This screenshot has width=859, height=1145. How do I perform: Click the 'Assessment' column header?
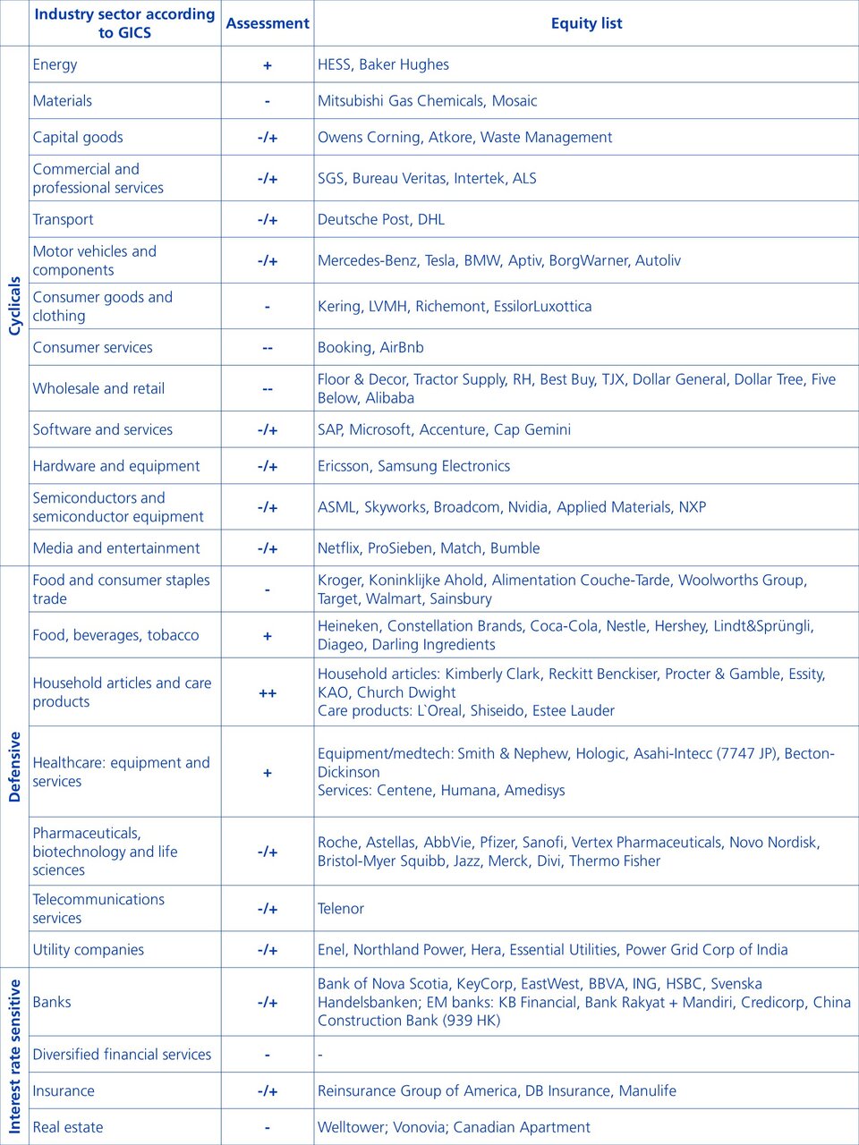click(x=268, y=23)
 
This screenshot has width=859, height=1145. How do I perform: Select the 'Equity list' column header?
click(x=586, y=23)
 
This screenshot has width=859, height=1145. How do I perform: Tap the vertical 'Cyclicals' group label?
click(x=14, y=306)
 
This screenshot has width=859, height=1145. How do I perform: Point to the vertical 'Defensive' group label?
click(x=14, y=767)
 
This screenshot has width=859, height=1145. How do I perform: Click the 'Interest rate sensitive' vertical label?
click(x=14, y=1056)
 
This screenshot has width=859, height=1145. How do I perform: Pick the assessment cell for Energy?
click(x=268, y=65)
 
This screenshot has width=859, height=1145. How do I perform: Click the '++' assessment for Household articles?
click(x=268, y=693)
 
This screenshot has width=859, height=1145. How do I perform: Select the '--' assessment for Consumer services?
click(x=268, y=348)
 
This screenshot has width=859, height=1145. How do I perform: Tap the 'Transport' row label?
click(x=63, y=220)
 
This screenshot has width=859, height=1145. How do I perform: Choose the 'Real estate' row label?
click(x=68, y=1127)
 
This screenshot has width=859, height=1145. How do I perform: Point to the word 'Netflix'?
click(x=338, y=548)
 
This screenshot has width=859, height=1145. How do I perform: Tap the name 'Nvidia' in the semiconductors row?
click(x=528, y=507)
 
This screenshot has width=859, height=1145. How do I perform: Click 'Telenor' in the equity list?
click(x=341, y=909)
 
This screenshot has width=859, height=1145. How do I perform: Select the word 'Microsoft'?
click(x=381, y=429)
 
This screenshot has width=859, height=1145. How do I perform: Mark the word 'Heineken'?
click(x=348, y=626)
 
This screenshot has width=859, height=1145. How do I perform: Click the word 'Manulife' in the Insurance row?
click(x=648, y=1091)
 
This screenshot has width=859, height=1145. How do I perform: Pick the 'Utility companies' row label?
click(x=88, y=950)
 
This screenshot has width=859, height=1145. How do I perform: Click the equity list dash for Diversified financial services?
click(x=320, y=1055)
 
